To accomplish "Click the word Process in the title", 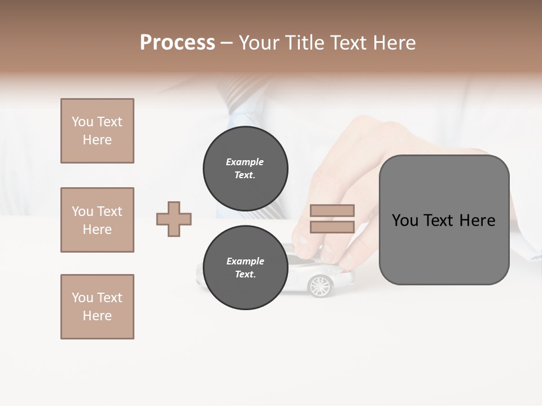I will (177, 43).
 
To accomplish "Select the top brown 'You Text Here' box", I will (97, 131).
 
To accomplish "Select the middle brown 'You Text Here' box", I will (97, 220).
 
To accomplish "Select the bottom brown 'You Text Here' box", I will (97, 307).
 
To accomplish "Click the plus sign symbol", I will (174, 219).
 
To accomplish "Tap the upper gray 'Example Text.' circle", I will (245, 169).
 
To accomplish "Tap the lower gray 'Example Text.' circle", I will (245, 268).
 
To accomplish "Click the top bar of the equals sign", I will (332, 210).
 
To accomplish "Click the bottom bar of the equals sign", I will (332, 227).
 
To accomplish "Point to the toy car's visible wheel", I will (320, 286).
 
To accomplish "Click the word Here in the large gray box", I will (477, 220).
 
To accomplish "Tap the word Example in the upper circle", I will (245, 162).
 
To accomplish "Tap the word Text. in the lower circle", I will (245, 275).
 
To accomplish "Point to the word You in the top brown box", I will (82, 122).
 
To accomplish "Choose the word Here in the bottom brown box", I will (97, 316).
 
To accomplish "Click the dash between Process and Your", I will (226, 43).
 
